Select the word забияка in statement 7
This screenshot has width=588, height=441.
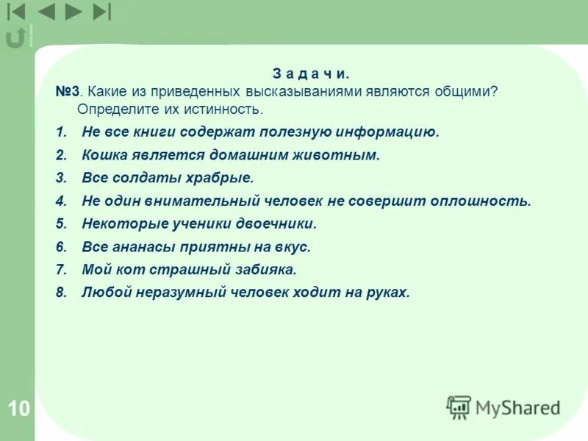click(x=263, y=270)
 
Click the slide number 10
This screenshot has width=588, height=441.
click(x=19, y=409)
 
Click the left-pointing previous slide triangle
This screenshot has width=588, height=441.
click(x=46, y=12)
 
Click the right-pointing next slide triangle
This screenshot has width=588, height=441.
click(x=73, y=12)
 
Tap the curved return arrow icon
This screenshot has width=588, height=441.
click(x=15, y=37)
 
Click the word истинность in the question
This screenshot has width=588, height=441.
click(x=227, y=110)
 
